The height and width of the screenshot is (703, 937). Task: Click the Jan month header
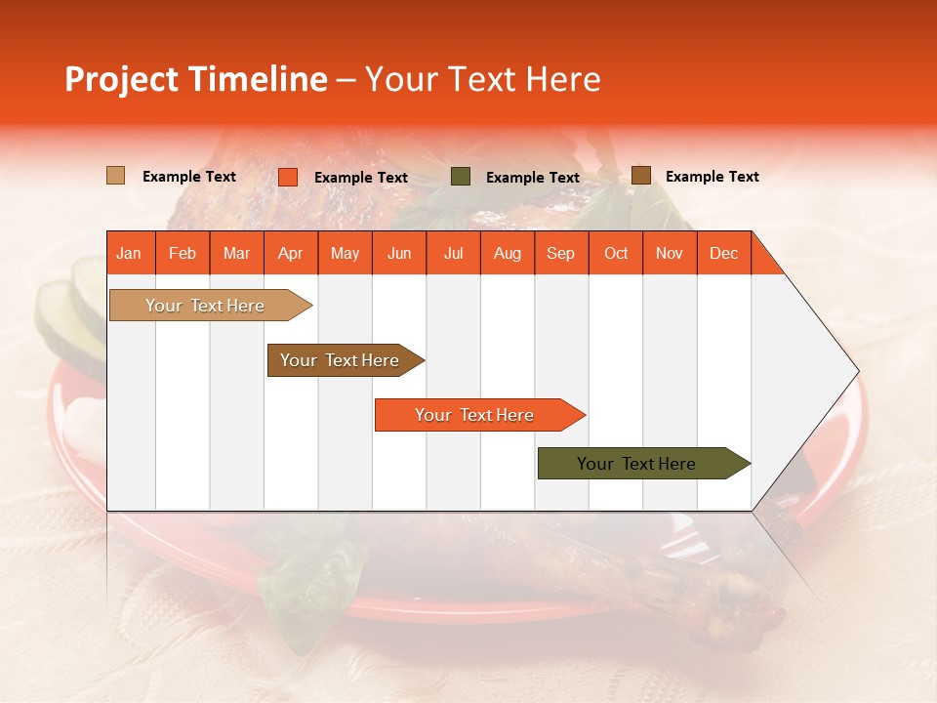point(129,253)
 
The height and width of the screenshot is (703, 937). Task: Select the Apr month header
point(291,253)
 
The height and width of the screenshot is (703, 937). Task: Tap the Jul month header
point(453,253)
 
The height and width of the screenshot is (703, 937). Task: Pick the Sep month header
point(560,253)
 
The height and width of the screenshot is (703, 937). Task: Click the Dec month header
point(723,253)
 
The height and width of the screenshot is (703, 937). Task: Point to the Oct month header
point(615,253)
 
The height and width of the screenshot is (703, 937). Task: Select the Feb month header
point(183,253)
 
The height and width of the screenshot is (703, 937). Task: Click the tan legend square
point(115,176)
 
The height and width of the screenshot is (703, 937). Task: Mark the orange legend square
point(287,177)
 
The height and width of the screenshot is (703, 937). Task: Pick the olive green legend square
point(461,177)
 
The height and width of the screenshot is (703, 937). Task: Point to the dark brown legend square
point(640,176)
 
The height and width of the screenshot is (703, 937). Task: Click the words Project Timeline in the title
point(195,79)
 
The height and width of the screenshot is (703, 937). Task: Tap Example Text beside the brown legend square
point(712,177)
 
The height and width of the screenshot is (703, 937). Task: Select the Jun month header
point(399,253)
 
